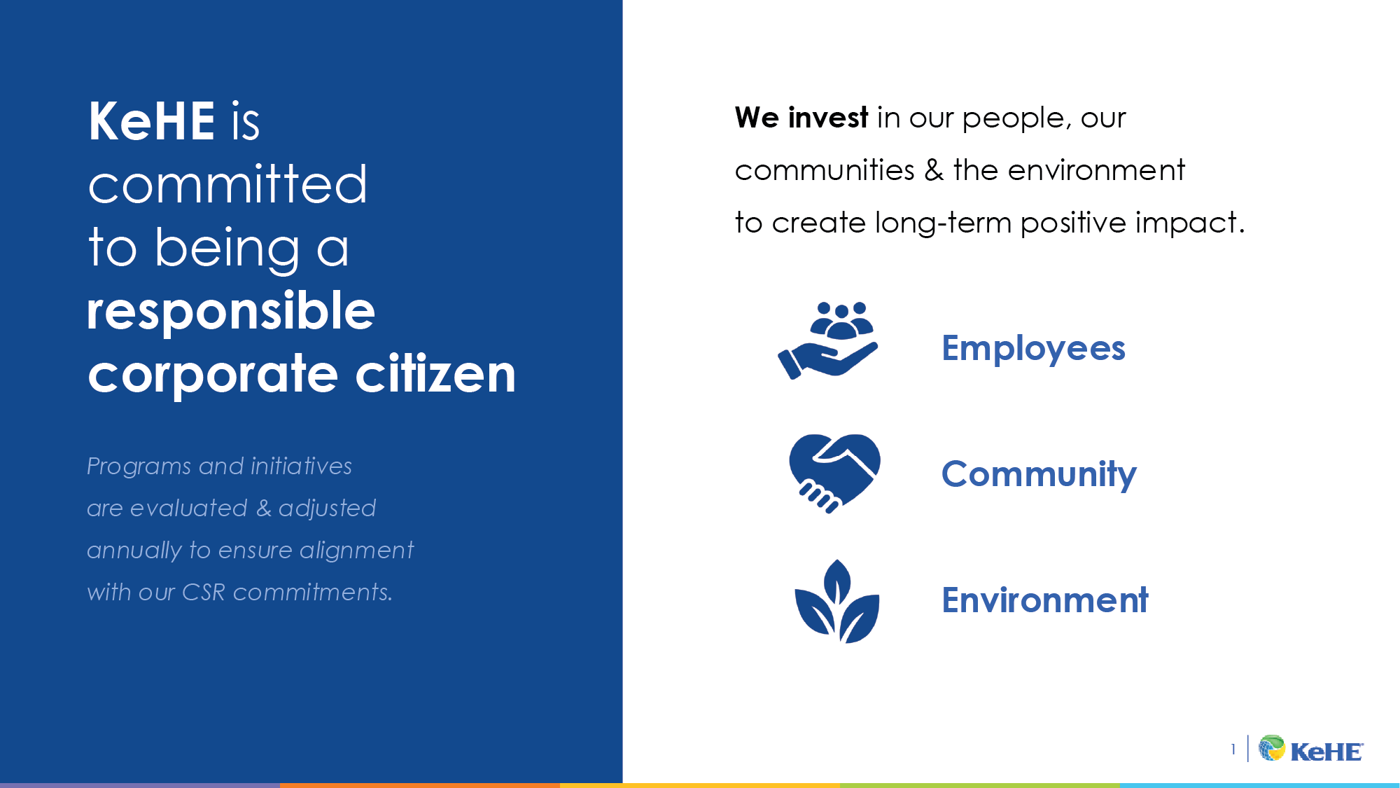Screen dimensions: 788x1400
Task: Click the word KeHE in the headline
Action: pyautogui.click(x=151, y=122)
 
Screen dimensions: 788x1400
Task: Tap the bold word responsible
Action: pyautogui.click(x=231, y=311)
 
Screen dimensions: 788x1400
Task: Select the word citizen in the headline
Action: pyautogui.click(x=435, y=374)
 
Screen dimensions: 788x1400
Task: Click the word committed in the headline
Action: pyautogui.click(x=227, y=185)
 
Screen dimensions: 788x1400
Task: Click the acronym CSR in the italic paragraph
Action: pyautogui.click(x=204, y=593)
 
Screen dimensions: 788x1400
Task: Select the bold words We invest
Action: pyautogui.click(x=801, y=118)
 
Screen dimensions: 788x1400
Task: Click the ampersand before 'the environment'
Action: pyautogui.click(x=934, y=170)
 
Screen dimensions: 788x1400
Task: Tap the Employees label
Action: pyautogui.click(x=1033, y=348)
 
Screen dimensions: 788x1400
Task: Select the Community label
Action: pyautogui.click(x=1039, y=474)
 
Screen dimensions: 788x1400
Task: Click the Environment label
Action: pyautogui.click(x=1044, y=600)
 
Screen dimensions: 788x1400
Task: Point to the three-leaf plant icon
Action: pyautogui.click(x=836, y=602)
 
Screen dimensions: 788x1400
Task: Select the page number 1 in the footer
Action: pyautogui.click(x=1233, y=749)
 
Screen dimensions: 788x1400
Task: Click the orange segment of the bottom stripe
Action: pyautogui.click(x=420, y=785)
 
